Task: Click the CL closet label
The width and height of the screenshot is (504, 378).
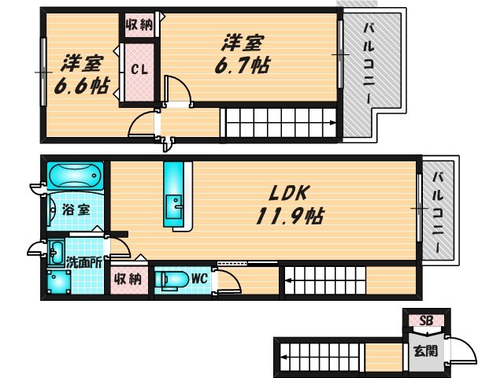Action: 139,69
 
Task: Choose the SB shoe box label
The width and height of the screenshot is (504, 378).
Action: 425,321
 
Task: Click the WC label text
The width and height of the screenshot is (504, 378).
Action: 198,278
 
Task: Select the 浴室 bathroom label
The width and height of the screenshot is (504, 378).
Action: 75,210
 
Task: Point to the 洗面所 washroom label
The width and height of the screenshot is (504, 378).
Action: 82,262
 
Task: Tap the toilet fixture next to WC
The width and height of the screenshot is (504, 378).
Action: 172,280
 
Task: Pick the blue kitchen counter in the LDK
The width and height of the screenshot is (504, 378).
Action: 175,195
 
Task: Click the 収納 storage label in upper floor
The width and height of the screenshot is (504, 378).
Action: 140,24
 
